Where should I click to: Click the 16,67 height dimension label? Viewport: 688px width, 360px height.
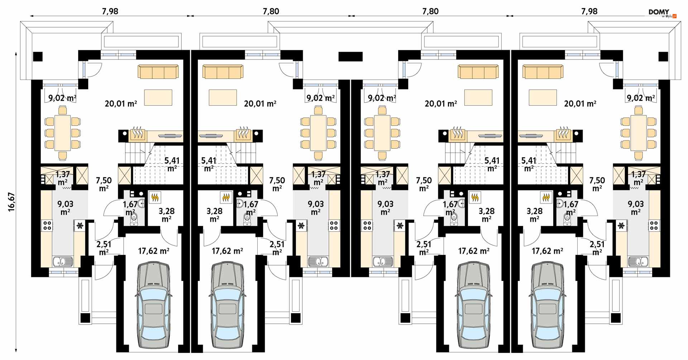point(12,202)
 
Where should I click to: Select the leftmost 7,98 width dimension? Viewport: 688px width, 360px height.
point(110,11)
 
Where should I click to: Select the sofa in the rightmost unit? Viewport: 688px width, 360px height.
point(543,72)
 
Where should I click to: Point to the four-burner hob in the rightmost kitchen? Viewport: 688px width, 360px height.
point(654,225)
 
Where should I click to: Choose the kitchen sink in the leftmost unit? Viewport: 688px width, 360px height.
point(62,261)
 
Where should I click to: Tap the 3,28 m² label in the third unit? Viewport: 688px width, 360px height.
point(486,215)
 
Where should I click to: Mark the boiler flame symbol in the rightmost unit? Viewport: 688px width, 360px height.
point(546,197)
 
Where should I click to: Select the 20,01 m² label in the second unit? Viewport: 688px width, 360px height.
point(260,104)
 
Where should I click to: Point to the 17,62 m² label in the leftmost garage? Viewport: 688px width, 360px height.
point(153,251)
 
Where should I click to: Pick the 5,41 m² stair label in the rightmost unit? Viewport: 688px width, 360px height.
point(529,164)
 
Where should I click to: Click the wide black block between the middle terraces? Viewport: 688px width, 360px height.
point(350,57)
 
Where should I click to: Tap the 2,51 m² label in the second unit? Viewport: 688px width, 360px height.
point(277,248)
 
